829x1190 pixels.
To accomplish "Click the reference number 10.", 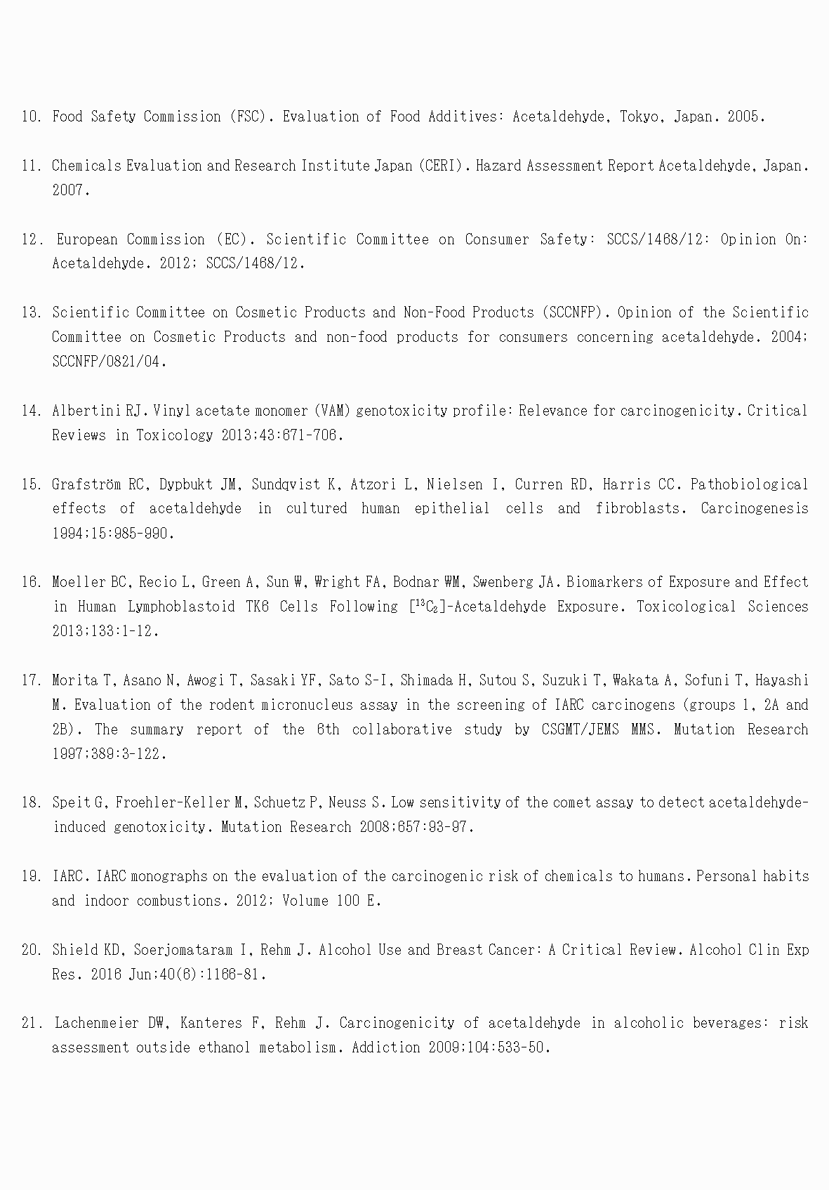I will (x=31, y=117).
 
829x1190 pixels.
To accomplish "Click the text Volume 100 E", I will (x=330, y=901).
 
